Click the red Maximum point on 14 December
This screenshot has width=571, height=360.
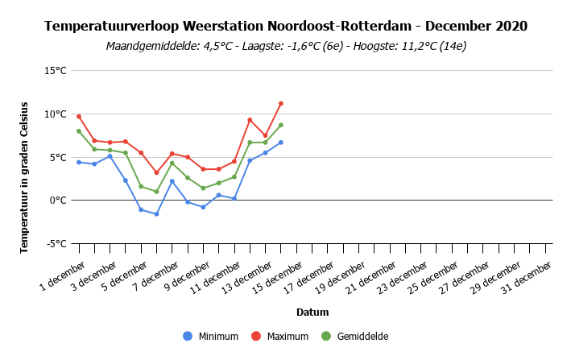[x=281, y=104]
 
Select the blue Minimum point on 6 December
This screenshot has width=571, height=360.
[x=156, y=214]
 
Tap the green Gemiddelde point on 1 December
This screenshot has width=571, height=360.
[x=79, y=131]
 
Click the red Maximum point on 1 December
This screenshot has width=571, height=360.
[x=79, y=117]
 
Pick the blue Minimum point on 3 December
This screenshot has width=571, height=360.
[x=110, y=156]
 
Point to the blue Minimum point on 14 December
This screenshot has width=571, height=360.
[x=281, y=143]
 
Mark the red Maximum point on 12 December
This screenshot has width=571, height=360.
[x=250, y=120]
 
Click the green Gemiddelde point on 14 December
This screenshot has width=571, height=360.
[x=281, y=125]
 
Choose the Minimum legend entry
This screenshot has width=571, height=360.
[x=210, y=336]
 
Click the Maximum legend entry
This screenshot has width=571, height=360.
[x=279, y=336]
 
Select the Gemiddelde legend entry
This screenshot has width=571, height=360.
[x=354, y=336]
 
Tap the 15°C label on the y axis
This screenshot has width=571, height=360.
[x=56, y=71]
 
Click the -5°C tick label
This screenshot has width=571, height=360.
[x=56, y=243]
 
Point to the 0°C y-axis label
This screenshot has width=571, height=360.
[x=58, y=201]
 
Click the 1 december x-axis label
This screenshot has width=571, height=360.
[x=62, y=276]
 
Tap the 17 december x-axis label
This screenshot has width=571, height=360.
[x=308, y=278]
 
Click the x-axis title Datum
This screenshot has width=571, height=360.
[x=312, y=312]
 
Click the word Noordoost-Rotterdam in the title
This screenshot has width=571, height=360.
[x=339, y=27]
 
